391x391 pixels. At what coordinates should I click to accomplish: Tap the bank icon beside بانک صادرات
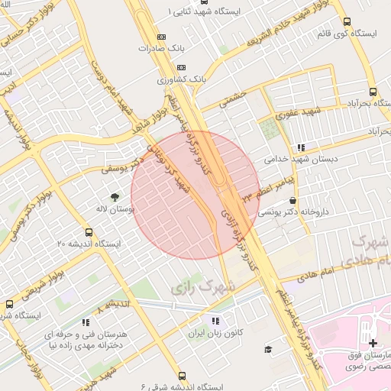pyautogui.click(x=160, y=37)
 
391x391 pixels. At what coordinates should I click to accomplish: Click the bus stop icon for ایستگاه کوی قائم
pyautogui.click(x=347, y=22)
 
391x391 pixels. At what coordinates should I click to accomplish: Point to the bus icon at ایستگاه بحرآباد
pyautogui.click(x=373, y=91)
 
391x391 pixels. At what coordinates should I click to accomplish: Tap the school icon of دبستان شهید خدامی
pyautogui.click(x=301, y=147)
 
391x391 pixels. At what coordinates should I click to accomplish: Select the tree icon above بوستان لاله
pyautogui.click(x=115, y=195)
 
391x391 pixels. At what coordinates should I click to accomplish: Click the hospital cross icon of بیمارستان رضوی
pyautogui.click(x=373, y=343)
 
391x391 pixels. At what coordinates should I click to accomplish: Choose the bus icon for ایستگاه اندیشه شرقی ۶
pyautogui.click(x=182, y=376)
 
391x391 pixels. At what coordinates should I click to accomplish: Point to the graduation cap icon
pyautogui.click(x=268, y=350)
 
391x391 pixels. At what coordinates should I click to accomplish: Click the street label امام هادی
pyautogui.click(x=317, y=273)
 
